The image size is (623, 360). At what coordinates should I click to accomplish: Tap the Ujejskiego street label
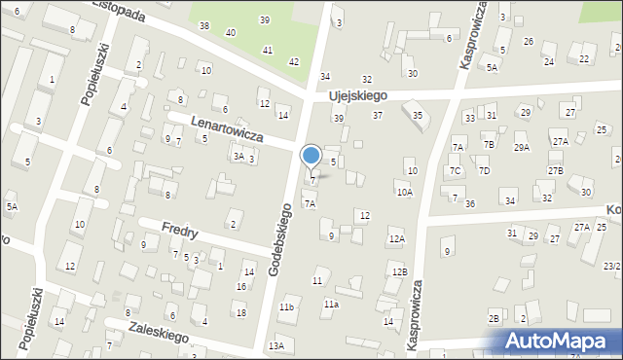pyautogui.click(x=358, y=95)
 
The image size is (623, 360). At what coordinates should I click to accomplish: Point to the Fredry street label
pyautogui.click(x=181, y=233)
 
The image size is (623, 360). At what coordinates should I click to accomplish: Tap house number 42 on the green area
pyautogui.click(x=294, y=62)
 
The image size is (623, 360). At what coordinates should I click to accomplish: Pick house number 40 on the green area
pyautogui.click(x=231, y=32)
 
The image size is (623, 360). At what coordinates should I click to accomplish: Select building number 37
pyautogui.click(x=378, y=116)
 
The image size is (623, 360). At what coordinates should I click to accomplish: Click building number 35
pyautogui.click(x=418, y=115)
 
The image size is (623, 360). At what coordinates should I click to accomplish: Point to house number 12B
pyautogui.click(x=399, y=271)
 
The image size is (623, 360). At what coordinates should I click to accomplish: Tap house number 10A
pyautogui.click(x=404, y=193)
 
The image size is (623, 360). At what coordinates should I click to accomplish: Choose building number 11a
pyautogui.click(x=331, y=305)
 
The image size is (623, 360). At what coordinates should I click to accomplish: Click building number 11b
pyautogui.click(x=286, y=307)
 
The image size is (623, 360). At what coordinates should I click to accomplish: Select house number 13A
pyautogui.click(x=276, y=346)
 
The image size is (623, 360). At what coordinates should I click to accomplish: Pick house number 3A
pyautogui.click(x=238, y=156)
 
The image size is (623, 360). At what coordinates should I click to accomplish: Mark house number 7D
pyautogui.click(x=484, y=171)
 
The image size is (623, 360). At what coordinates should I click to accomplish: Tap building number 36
pyautogui.click(x=470, y=203)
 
